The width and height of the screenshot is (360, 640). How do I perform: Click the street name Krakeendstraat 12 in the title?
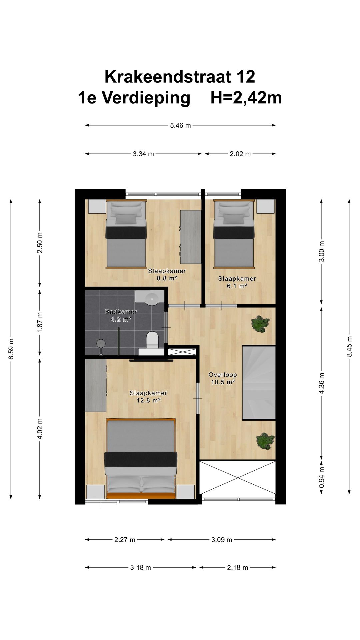(180, 77)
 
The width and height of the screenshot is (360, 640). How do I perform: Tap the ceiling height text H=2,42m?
(246, 98)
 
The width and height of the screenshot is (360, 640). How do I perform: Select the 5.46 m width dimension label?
(180, 126)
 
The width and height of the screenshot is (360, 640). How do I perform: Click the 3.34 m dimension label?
(143, 154)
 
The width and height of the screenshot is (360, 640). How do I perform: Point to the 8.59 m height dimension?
(11, 349)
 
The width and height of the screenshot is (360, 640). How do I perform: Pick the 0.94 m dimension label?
(322, 477)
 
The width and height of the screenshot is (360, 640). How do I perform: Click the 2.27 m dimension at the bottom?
(125, 540)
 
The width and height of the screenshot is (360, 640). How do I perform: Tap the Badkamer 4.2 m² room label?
(121, 315)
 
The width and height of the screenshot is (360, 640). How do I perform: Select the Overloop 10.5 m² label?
(223, 378)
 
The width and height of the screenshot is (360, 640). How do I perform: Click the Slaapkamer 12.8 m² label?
(148, 397)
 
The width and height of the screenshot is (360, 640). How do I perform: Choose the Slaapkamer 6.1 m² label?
(237, 282)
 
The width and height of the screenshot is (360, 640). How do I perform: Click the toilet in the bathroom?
(153, 339)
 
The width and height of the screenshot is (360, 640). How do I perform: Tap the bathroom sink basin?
(152, 297)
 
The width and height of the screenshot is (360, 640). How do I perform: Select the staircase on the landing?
(259, 382)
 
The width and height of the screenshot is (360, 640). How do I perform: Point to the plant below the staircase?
(265, 441)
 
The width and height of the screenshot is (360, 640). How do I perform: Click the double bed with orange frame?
(141, 458)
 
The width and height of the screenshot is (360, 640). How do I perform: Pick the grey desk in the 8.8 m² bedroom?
(191, 237)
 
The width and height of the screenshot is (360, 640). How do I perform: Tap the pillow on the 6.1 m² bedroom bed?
(234, 218)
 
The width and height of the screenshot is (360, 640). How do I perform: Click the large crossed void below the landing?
(237, 478)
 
